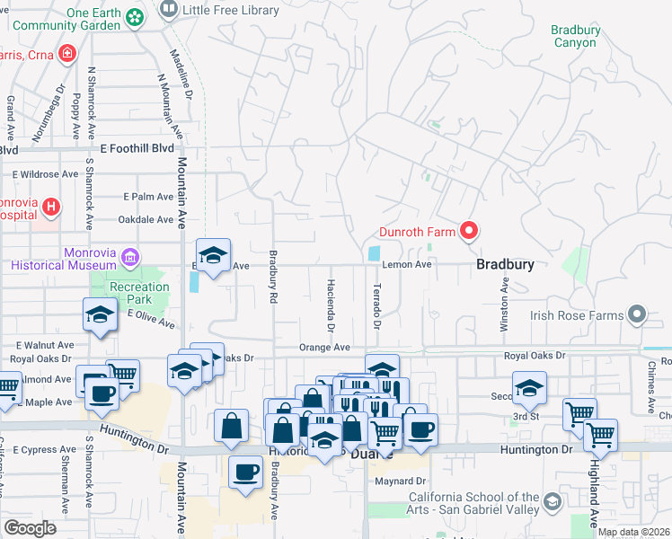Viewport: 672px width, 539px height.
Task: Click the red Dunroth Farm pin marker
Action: (x=468, y=232)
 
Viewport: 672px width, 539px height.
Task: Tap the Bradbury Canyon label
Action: (x=575, y=36)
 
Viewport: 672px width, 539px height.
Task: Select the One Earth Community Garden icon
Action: (x=135, y=17)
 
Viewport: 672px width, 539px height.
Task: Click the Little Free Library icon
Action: (x=168, y=10)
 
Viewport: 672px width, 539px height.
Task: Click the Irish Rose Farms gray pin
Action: (x=637, y=314)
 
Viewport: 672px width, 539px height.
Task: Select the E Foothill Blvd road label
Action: (x=137, y=148)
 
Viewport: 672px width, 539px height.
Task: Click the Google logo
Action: (x=29, y=528)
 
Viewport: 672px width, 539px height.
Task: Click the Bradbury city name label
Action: (x=505, y=265)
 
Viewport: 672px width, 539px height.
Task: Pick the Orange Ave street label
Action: (x=324, y=348)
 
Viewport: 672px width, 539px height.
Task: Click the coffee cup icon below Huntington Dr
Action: (x=245, y=472)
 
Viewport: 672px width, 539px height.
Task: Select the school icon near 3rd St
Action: (x=529, y=387)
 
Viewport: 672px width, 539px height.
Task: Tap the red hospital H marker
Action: (x=51, y=208)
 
